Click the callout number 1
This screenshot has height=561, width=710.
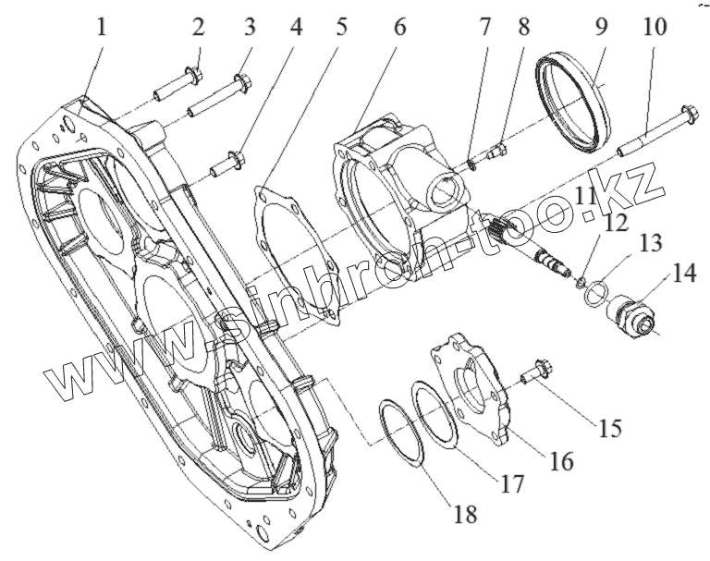pyautogui.click(x=102, y=28)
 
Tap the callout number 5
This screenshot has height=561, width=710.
pyautogui.click(x=342, y=28)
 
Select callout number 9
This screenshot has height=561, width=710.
pyautogui.click(x=602, y=28)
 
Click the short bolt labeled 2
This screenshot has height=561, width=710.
pyautogui.click(x=177, y=85)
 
